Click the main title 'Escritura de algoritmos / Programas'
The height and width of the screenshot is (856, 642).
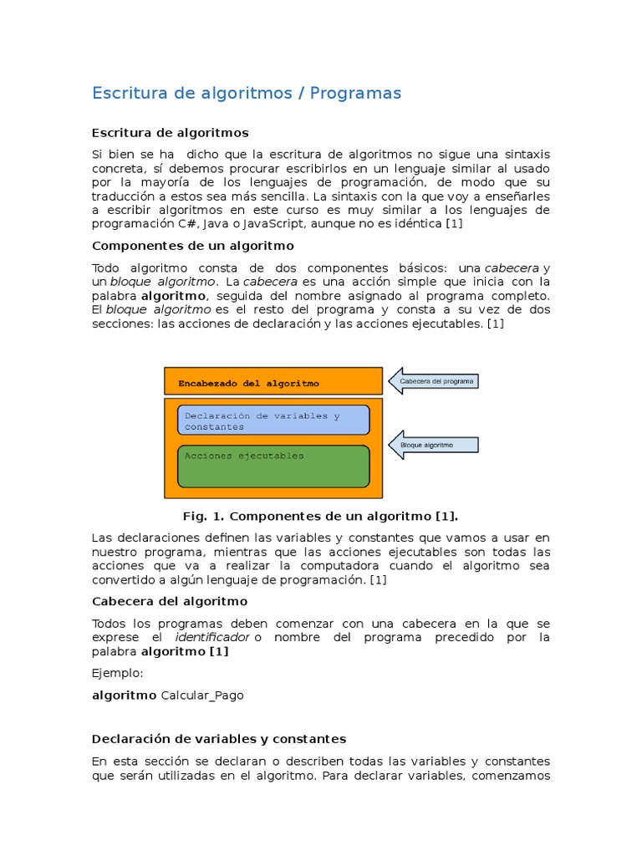pyautogui.click(x=247, y=93)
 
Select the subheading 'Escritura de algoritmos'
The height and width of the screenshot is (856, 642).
pyautogui.click(x=170, y=133)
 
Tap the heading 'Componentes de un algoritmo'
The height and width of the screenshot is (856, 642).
pyautogui.click(x=192, y=246)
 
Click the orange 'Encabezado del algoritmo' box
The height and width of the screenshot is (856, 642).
pyautogui.click(x=273, y=382)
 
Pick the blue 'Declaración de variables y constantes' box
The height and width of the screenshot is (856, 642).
pyautogui.click(x=273, y=420)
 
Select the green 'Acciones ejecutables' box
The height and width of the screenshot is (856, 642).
pyautogui.click(x=273, y=466)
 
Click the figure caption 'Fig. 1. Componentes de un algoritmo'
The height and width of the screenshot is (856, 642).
pyautogui.click(x=320, y=516)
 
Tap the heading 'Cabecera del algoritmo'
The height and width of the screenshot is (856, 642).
pyautogui.click(x=169, y=601)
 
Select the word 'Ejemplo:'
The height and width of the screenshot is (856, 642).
pyautogui.click(x=118, y=673)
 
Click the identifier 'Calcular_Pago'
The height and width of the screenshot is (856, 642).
pyautogui.click(x=202, y=695)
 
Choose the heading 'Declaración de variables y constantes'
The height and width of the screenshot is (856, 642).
pyautogui.click(x=218, y=739)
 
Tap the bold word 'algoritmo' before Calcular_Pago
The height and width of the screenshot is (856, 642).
pyautogui.click(x=124, y=695)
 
